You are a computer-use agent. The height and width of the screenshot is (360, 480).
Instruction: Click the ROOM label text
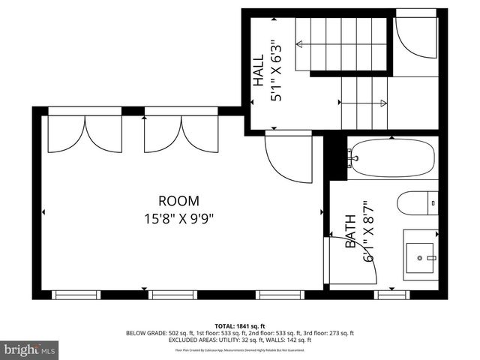(178, 201)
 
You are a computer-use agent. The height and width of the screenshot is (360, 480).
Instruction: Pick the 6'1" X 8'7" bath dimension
(367, 231)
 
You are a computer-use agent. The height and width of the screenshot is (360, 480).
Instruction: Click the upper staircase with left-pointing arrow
(341, 43)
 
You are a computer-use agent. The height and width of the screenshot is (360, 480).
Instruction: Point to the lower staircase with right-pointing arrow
(365, 103)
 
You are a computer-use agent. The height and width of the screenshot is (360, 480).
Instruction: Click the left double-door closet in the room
(85, 133)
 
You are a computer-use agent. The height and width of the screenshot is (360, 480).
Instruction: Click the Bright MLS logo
(30, 349)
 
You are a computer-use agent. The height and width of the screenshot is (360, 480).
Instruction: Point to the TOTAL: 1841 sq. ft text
(239, 325)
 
